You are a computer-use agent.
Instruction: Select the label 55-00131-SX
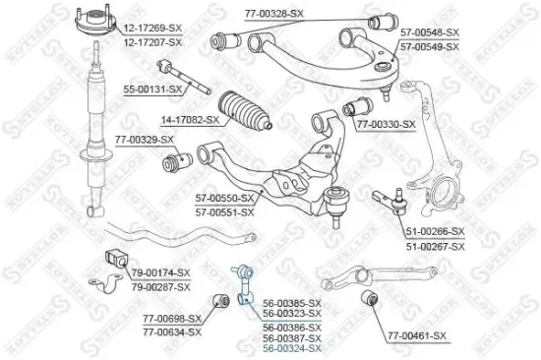coord(153,90)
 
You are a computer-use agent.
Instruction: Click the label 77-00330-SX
coord(387,125)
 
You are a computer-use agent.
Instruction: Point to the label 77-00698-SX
coord(172,318)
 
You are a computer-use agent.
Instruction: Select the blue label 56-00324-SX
coord(292,348)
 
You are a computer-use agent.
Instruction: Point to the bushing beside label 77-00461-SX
coord(368,297)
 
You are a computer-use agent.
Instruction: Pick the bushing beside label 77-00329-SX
coord(179,160)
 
